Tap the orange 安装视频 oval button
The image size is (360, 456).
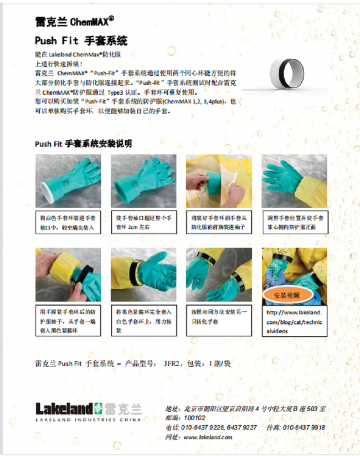287,295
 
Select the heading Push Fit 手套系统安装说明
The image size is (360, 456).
83,143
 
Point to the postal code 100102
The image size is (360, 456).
195,418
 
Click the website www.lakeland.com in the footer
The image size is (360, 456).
208,437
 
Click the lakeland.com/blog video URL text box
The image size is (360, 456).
294,321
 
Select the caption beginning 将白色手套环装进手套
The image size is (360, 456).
68,222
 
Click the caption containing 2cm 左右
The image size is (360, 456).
144,222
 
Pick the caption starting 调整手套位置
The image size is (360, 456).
295,222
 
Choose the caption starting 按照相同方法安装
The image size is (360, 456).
219,321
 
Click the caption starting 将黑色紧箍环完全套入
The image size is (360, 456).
144,321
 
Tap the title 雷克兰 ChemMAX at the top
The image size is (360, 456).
74,21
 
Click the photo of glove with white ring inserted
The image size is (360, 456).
68,181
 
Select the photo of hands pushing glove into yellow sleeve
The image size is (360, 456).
219,181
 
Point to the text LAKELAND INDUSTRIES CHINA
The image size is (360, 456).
88,420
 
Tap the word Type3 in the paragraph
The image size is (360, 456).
115,92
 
